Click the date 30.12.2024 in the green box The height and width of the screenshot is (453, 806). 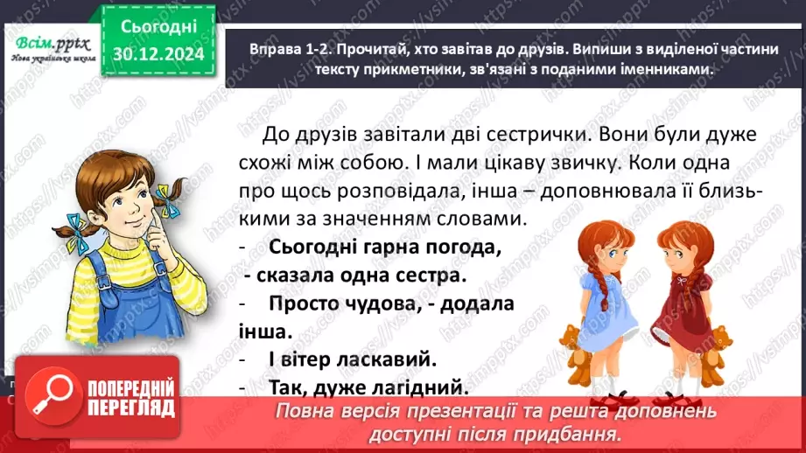tap(158, 53)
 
